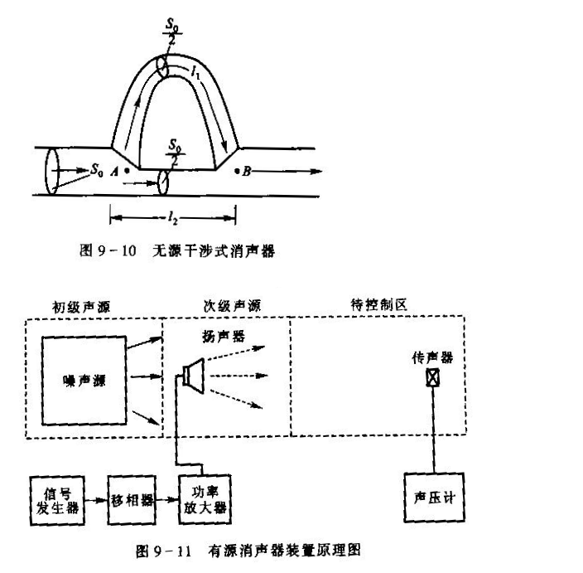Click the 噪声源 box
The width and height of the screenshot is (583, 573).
point(84,381)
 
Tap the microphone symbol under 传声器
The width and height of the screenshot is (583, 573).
point(431,376)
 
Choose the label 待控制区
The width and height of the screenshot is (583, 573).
point(373,304)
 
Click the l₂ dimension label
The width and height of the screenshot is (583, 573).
point(173,218)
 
